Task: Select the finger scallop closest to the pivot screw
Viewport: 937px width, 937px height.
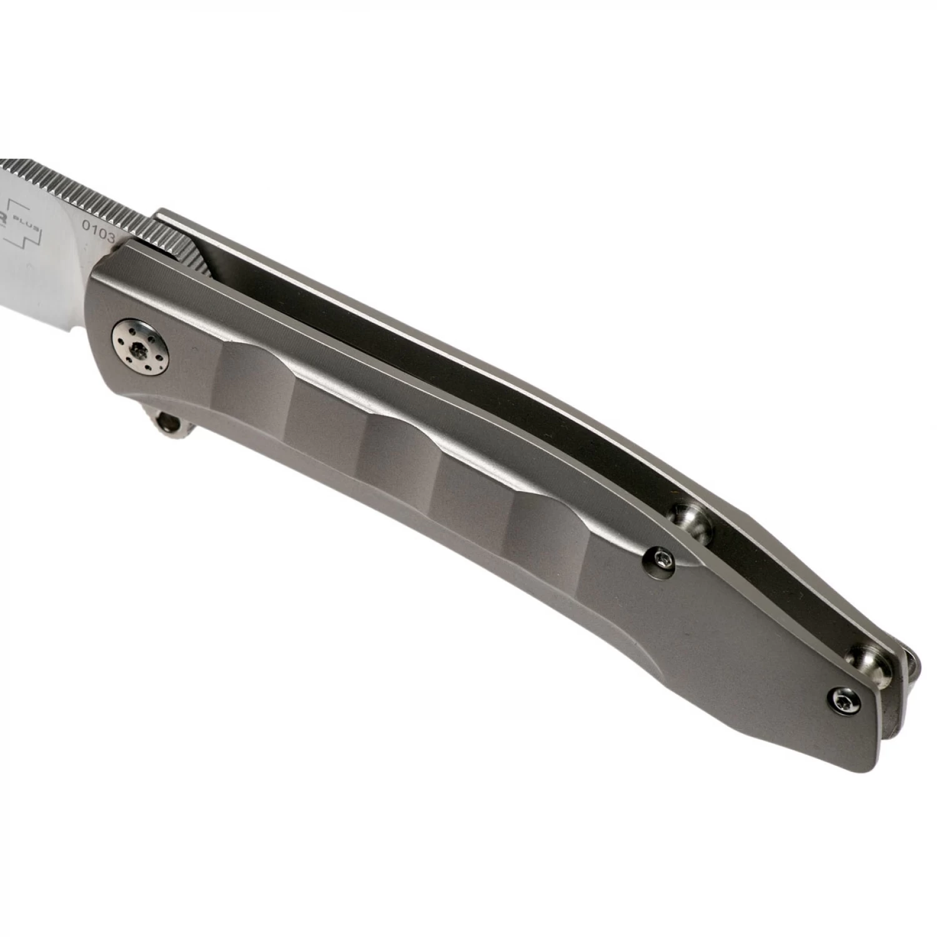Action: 262,375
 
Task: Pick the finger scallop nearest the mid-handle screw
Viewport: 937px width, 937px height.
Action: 550,518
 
